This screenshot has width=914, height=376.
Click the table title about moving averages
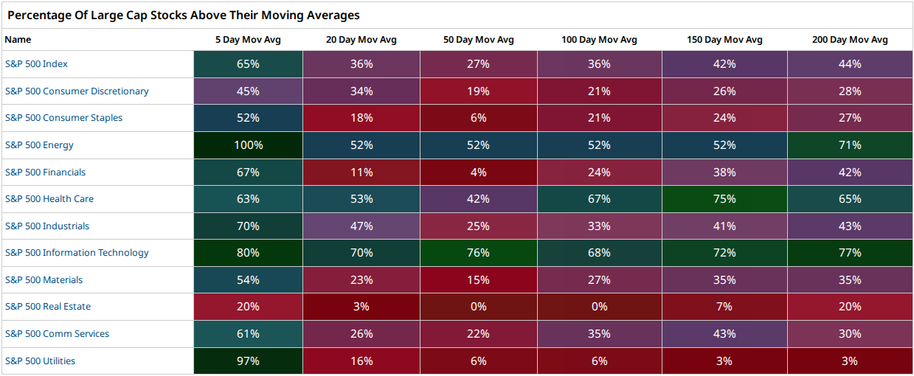click(184, 15)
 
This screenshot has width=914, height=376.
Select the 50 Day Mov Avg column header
click(478, 40)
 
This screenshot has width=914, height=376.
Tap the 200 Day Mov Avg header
click(850, 40)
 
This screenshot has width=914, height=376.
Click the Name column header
click(18, 40)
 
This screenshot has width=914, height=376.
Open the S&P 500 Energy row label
click(39, 145)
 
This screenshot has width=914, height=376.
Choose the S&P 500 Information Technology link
click(77, 253)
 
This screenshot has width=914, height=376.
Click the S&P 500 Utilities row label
click(40, 361)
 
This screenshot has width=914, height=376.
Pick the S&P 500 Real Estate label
click(48, 307)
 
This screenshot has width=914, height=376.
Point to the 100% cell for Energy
click(248, 145)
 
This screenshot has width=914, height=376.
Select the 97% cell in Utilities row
click(248, 361)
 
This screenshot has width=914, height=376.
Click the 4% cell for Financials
click(479, 172)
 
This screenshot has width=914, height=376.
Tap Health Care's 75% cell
click(724, 199)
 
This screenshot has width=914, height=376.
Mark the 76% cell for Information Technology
click(479, 253)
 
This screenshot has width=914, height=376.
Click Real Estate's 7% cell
click(724, 307)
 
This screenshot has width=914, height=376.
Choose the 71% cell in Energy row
click(850, 145)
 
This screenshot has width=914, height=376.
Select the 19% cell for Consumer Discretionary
click(479, 91)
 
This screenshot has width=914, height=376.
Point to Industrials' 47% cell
click(361, 226)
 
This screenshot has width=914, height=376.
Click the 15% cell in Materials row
click(479, 279)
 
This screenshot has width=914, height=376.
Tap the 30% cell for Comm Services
click(850, 334)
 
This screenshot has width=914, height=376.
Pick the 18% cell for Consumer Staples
click(361, 118)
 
